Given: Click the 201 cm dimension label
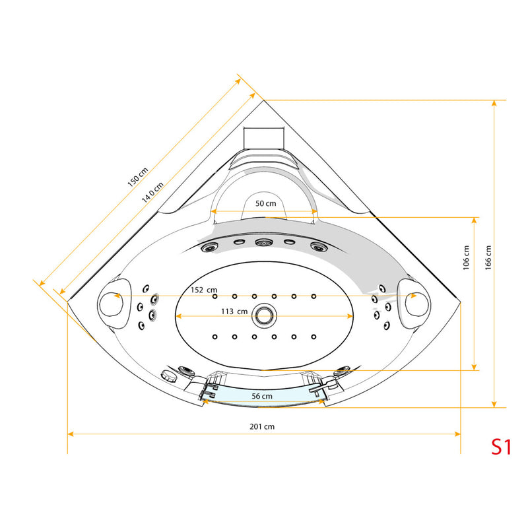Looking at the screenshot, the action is tap(262, 426).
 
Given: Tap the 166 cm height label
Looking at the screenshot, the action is tap(488, 257).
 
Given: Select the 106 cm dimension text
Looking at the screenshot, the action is tap(467, 257).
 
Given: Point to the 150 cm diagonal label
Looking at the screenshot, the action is tap(138, 177).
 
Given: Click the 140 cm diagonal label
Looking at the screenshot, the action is tap(152, 192).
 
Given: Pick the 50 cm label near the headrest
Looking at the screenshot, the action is tap(266, 203).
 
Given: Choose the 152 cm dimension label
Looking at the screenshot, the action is tap(204, 290).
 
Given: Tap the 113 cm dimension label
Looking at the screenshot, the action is tap(234, 312).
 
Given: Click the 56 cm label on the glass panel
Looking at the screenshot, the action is tap(262, 397).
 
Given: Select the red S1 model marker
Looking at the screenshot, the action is tap(502, 447).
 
